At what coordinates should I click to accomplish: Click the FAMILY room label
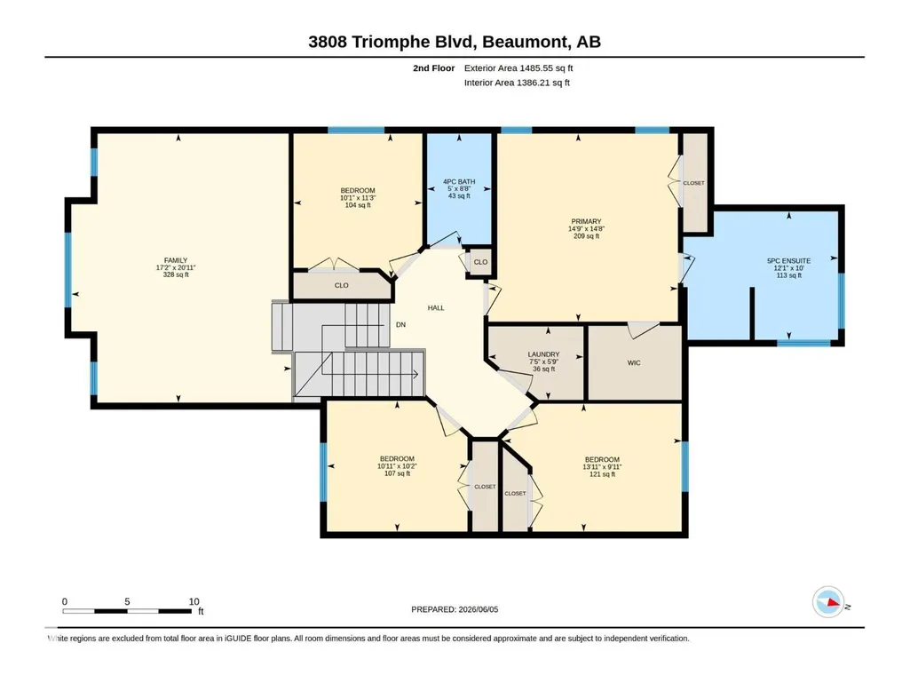(176, 261)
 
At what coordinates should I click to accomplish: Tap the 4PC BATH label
(459, 182)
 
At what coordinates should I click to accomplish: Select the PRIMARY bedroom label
(586, 221)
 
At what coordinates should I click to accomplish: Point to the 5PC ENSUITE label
(788, 261)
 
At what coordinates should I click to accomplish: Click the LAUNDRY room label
(544, 354)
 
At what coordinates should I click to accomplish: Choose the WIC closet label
(634, 363)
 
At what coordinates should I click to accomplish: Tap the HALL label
(436, 308)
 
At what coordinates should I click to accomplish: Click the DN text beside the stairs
(400, 325)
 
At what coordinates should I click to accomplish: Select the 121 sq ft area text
(603, 474)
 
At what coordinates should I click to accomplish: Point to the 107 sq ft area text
(398, 473)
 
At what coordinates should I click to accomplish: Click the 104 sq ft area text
(358, 205)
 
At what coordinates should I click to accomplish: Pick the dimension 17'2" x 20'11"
(176, 267)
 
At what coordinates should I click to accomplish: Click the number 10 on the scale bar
(194, 601)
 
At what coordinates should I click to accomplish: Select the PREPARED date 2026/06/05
(479, 609)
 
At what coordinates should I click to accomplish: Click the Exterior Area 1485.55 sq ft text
(518, 68)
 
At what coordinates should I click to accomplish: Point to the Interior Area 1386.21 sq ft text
(517, 83)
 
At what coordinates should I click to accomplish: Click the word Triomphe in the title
(386, 42)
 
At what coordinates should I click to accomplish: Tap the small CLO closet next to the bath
(480, 262)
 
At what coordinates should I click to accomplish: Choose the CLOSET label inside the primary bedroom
(693, 183)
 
